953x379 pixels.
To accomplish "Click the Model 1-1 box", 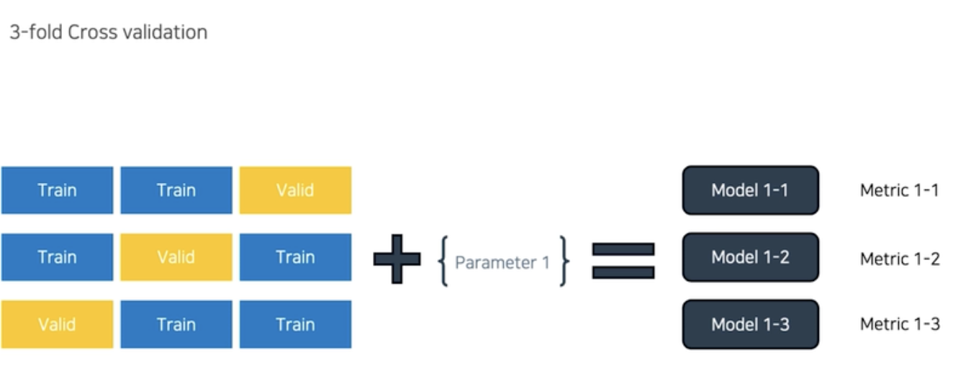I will pos(750,190).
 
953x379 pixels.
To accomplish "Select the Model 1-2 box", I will pos(750,257).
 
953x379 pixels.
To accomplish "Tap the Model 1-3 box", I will pos(750,324).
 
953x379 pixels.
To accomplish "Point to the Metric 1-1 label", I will pos(899,190).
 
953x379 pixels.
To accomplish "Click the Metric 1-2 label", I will pos(899,258).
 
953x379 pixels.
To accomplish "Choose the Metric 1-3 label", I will pos(899,324).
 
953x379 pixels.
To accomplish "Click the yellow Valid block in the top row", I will pos(295,190).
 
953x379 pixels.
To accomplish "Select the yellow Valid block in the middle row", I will pos(176,257).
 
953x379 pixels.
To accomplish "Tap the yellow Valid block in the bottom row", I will pos(57,324).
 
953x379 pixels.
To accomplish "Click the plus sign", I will pos(397,258).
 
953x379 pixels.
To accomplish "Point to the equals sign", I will pos(623,260).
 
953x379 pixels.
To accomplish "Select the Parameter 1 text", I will pos(502,262).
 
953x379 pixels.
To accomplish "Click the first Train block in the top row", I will pos(57,190).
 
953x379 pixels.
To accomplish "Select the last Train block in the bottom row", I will pos(295,324).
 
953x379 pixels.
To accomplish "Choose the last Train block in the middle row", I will pos(295,257).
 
